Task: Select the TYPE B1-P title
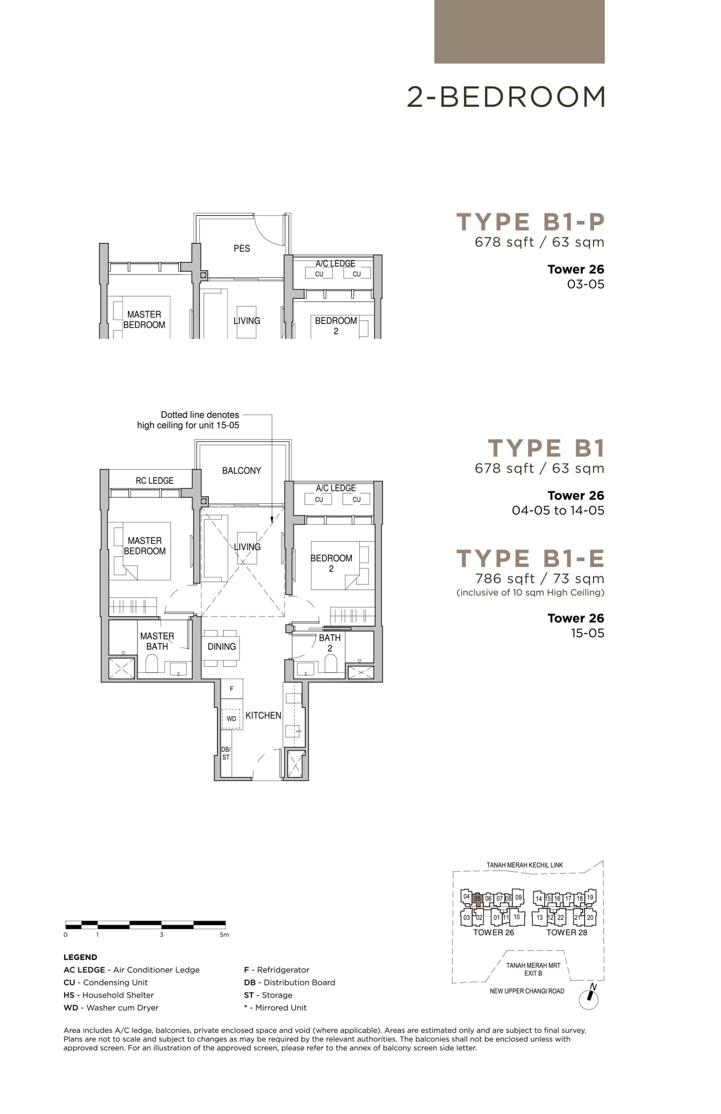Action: click(x=531, y=222)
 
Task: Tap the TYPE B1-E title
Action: click(x=531, y=558)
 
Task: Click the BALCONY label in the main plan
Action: click(x=241, y=470)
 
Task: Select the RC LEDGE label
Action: click(x=154, y=481)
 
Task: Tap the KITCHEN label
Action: click(x=263, y=715)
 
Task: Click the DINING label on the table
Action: click(x=222, y=647)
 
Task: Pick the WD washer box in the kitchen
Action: click(x=231, y=719)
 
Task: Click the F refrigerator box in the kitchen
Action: click(x=231, y=689)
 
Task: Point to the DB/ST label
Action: click(x=226, y=753)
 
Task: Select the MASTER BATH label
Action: click(x=157, y=641)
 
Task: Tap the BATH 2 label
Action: click(x=330, y=643)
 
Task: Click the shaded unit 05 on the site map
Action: click(x=477, y=899)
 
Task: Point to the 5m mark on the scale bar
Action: click(x=224, y=935)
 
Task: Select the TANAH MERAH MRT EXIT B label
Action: click(x=533, y=969)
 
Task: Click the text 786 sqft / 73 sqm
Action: click(x=539, y=579)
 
